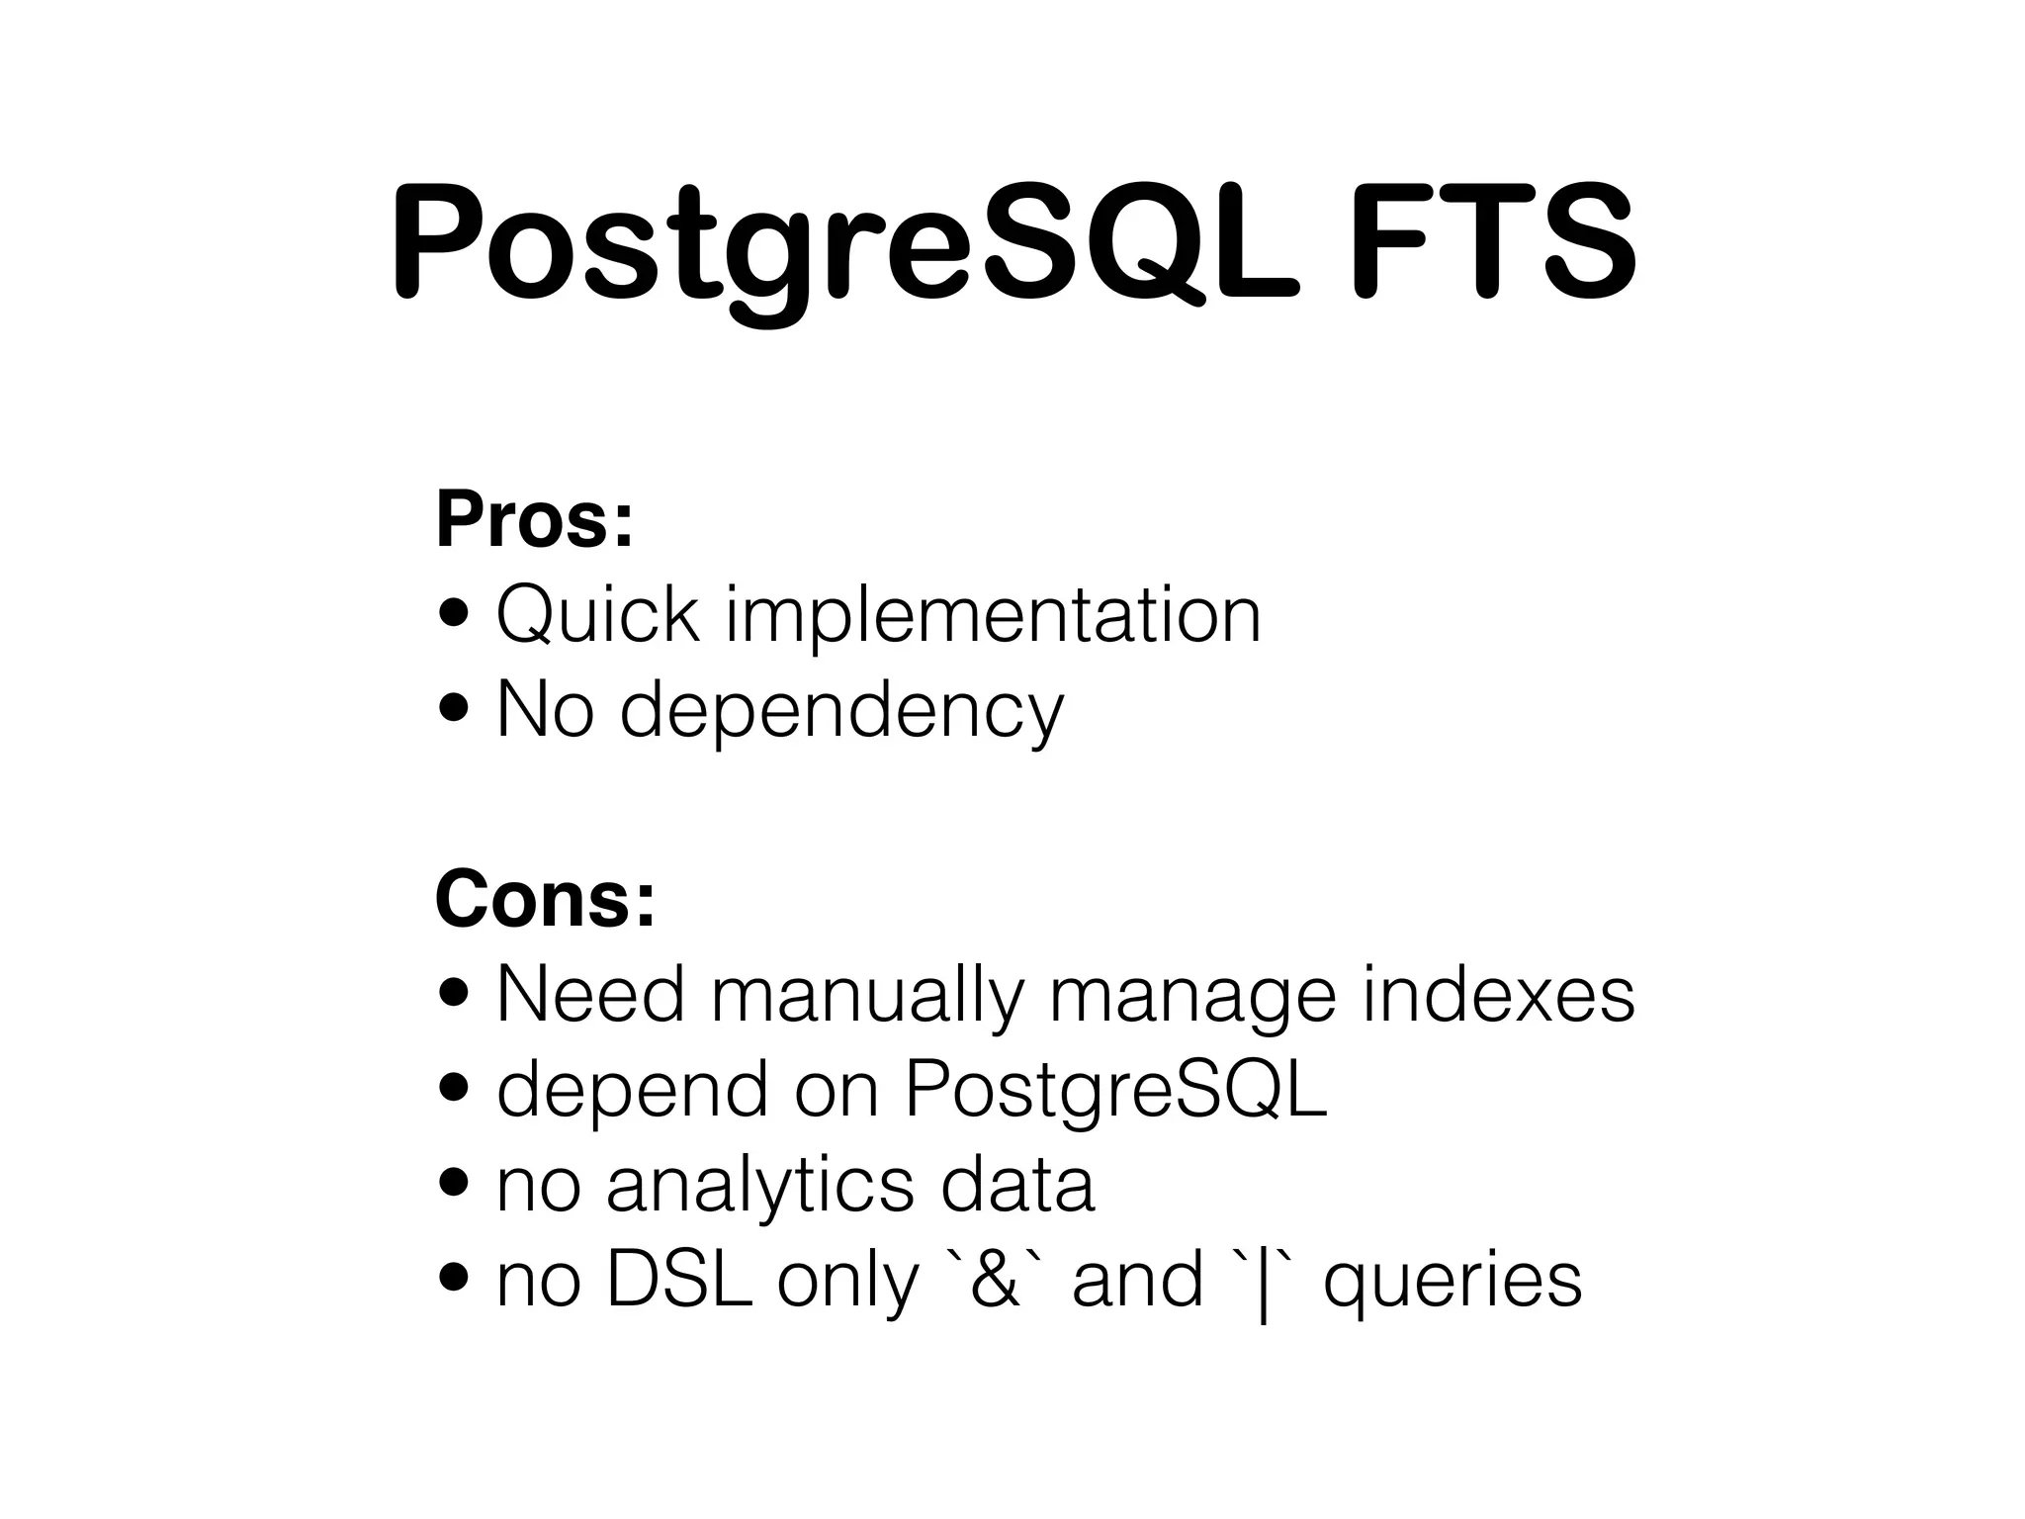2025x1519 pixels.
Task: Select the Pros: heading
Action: click(x=534, y=520)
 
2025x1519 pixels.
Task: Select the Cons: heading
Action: click(x=545, y=899)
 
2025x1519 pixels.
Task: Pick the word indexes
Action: click(x=1499, y=994)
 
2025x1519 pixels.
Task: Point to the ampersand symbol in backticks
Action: click(x=995, y=1280)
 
